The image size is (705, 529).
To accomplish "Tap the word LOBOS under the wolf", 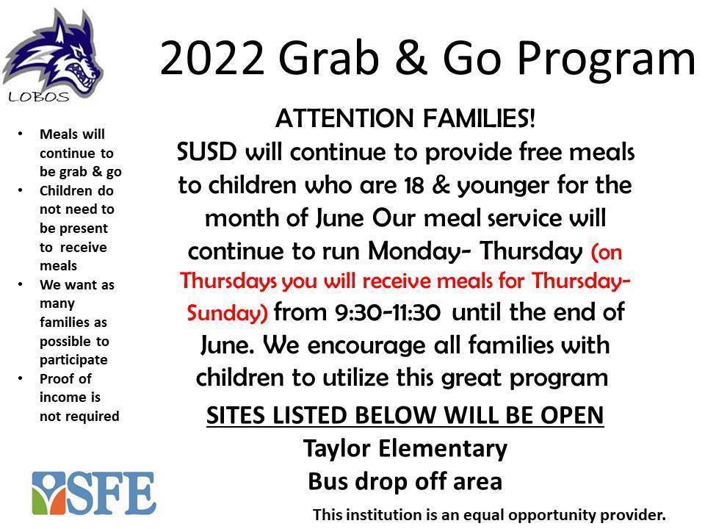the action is pyautogui.click(x=39, y=97).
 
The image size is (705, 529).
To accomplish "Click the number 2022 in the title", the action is pyautogui.click(x=212, y=59).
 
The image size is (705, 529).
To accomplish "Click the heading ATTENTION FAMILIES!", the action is pyautogui.click(x=405, y=118).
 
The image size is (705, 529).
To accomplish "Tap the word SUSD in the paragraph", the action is pyautogui.click(x=207, y=151).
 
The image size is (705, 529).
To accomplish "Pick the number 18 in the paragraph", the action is pyautogui.click(x=413, y=185).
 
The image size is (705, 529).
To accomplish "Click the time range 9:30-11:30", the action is pyautogui.click(x=388, y=312).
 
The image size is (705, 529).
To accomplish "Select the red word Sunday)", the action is pyautogui.click(x=228, y=313).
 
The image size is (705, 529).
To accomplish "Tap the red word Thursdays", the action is pyautogui.click(x=228, y=281).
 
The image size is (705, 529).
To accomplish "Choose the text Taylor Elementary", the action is pyautogui.click(x=405, y=449).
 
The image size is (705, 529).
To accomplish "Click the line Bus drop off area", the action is pyautogui.click(x=405, y=481).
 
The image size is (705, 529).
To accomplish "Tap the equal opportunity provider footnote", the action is pyautogui.click(x=489, y=515).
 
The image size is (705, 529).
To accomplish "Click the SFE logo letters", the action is pyautogui.click(x=112, y=494).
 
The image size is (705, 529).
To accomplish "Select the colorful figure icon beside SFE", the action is pyautogui.click(x=49, y=494).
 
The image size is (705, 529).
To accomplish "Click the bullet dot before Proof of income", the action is pyautogui.click(x=21, y=378).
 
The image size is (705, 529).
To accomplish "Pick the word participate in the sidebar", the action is pyautogui.click(x=73, y=360).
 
